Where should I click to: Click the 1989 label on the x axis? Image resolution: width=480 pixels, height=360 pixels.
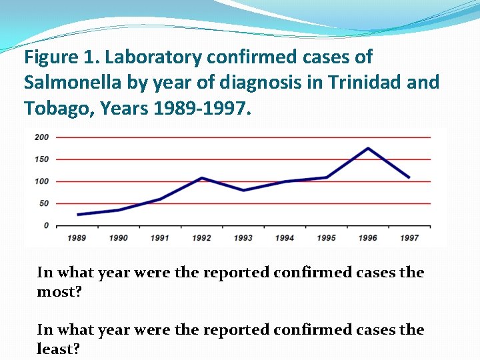78,238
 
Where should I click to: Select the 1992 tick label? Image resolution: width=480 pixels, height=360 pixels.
202,238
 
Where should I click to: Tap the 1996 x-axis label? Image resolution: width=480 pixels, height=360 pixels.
367,238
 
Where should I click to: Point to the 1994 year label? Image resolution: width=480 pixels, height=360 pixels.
285,238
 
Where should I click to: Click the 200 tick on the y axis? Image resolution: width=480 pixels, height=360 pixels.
41,137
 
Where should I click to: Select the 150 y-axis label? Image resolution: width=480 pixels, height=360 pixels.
41,159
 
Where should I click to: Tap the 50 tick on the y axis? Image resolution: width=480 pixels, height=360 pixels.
43,203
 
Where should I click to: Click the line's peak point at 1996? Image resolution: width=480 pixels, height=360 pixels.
368,148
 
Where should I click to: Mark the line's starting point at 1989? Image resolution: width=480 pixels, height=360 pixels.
79,215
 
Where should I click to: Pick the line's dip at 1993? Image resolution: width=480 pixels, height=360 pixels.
243,190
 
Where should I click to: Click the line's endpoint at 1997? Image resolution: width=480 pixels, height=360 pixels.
409,177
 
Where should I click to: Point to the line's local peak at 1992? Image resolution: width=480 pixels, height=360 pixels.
202,178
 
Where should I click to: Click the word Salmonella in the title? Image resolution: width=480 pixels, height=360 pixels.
70,83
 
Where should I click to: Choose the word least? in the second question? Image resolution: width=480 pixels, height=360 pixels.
58,349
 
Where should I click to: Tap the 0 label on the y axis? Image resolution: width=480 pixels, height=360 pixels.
46,225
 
